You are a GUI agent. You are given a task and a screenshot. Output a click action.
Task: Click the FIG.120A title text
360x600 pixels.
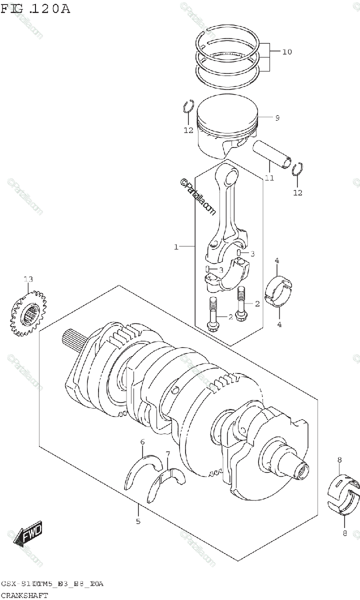(x=35, y=8)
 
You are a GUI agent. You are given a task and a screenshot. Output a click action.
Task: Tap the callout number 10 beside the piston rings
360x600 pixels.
(x=286, y=51)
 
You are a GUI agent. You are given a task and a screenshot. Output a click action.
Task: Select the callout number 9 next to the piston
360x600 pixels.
(x=276, y=118)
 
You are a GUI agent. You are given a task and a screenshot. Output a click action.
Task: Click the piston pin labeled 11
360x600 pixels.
(x=271, y=153)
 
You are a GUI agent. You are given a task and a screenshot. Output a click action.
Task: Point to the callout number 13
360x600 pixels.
(x=28, y=279)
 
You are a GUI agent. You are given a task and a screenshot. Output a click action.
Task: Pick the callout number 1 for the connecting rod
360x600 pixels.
(x=176, y=246)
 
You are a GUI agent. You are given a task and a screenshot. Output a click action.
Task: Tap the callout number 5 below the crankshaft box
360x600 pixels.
(x=138, y=521)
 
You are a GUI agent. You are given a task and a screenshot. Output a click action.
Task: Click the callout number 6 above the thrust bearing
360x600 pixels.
(x=142, y=442)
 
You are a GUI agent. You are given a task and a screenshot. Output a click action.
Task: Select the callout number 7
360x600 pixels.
(x=168, y=454)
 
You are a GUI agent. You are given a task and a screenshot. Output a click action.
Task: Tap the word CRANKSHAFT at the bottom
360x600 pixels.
(x=24, y=595)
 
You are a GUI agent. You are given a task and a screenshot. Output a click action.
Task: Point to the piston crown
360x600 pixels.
(x=227, y=107)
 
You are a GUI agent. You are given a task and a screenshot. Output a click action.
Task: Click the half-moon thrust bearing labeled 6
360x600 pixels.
(x=142, y=472)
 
